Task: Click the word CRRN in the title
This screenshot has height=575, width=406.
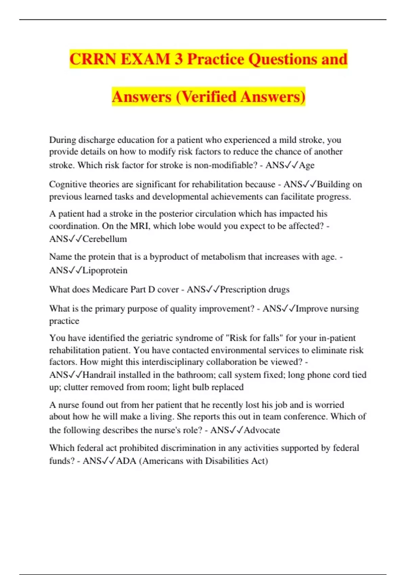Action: [x=93, y=59]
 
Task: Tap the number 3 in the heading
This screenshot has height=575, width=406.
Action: [x=179, y=59]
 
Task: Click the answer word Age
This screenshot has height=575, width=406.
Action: [x=307, y=165]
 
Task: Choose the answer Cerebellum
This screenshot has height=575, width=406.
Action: [x=105, y=239]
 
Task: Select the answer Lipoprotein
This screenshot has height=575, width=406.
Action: [x=105, y=270]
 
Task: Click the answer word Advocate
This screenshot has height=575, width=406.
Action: [x=262, y=430]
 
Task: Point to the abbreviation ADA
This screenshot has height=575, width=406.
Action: [x=126, y=461]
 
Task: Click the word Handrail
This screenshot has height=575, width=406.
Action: [x=99, y=375]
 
